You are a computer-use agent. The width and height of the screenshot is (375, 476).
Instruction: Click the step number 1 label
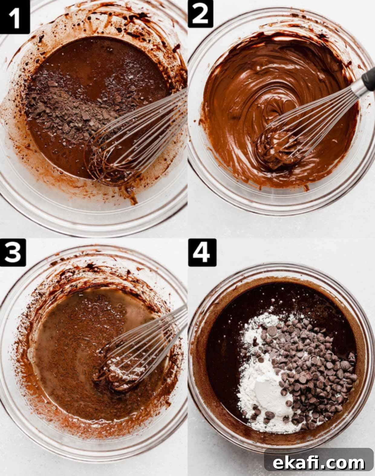click(15, 17)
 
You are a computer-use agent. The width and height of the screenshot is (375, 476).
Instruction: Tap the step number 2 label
click(200, 14)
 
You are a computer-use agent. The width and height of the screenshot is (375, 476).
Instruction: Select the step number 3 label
click(13, 253)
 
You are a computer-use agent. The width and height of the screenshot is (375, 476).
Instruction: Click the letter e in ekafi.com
click(278, 459)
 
